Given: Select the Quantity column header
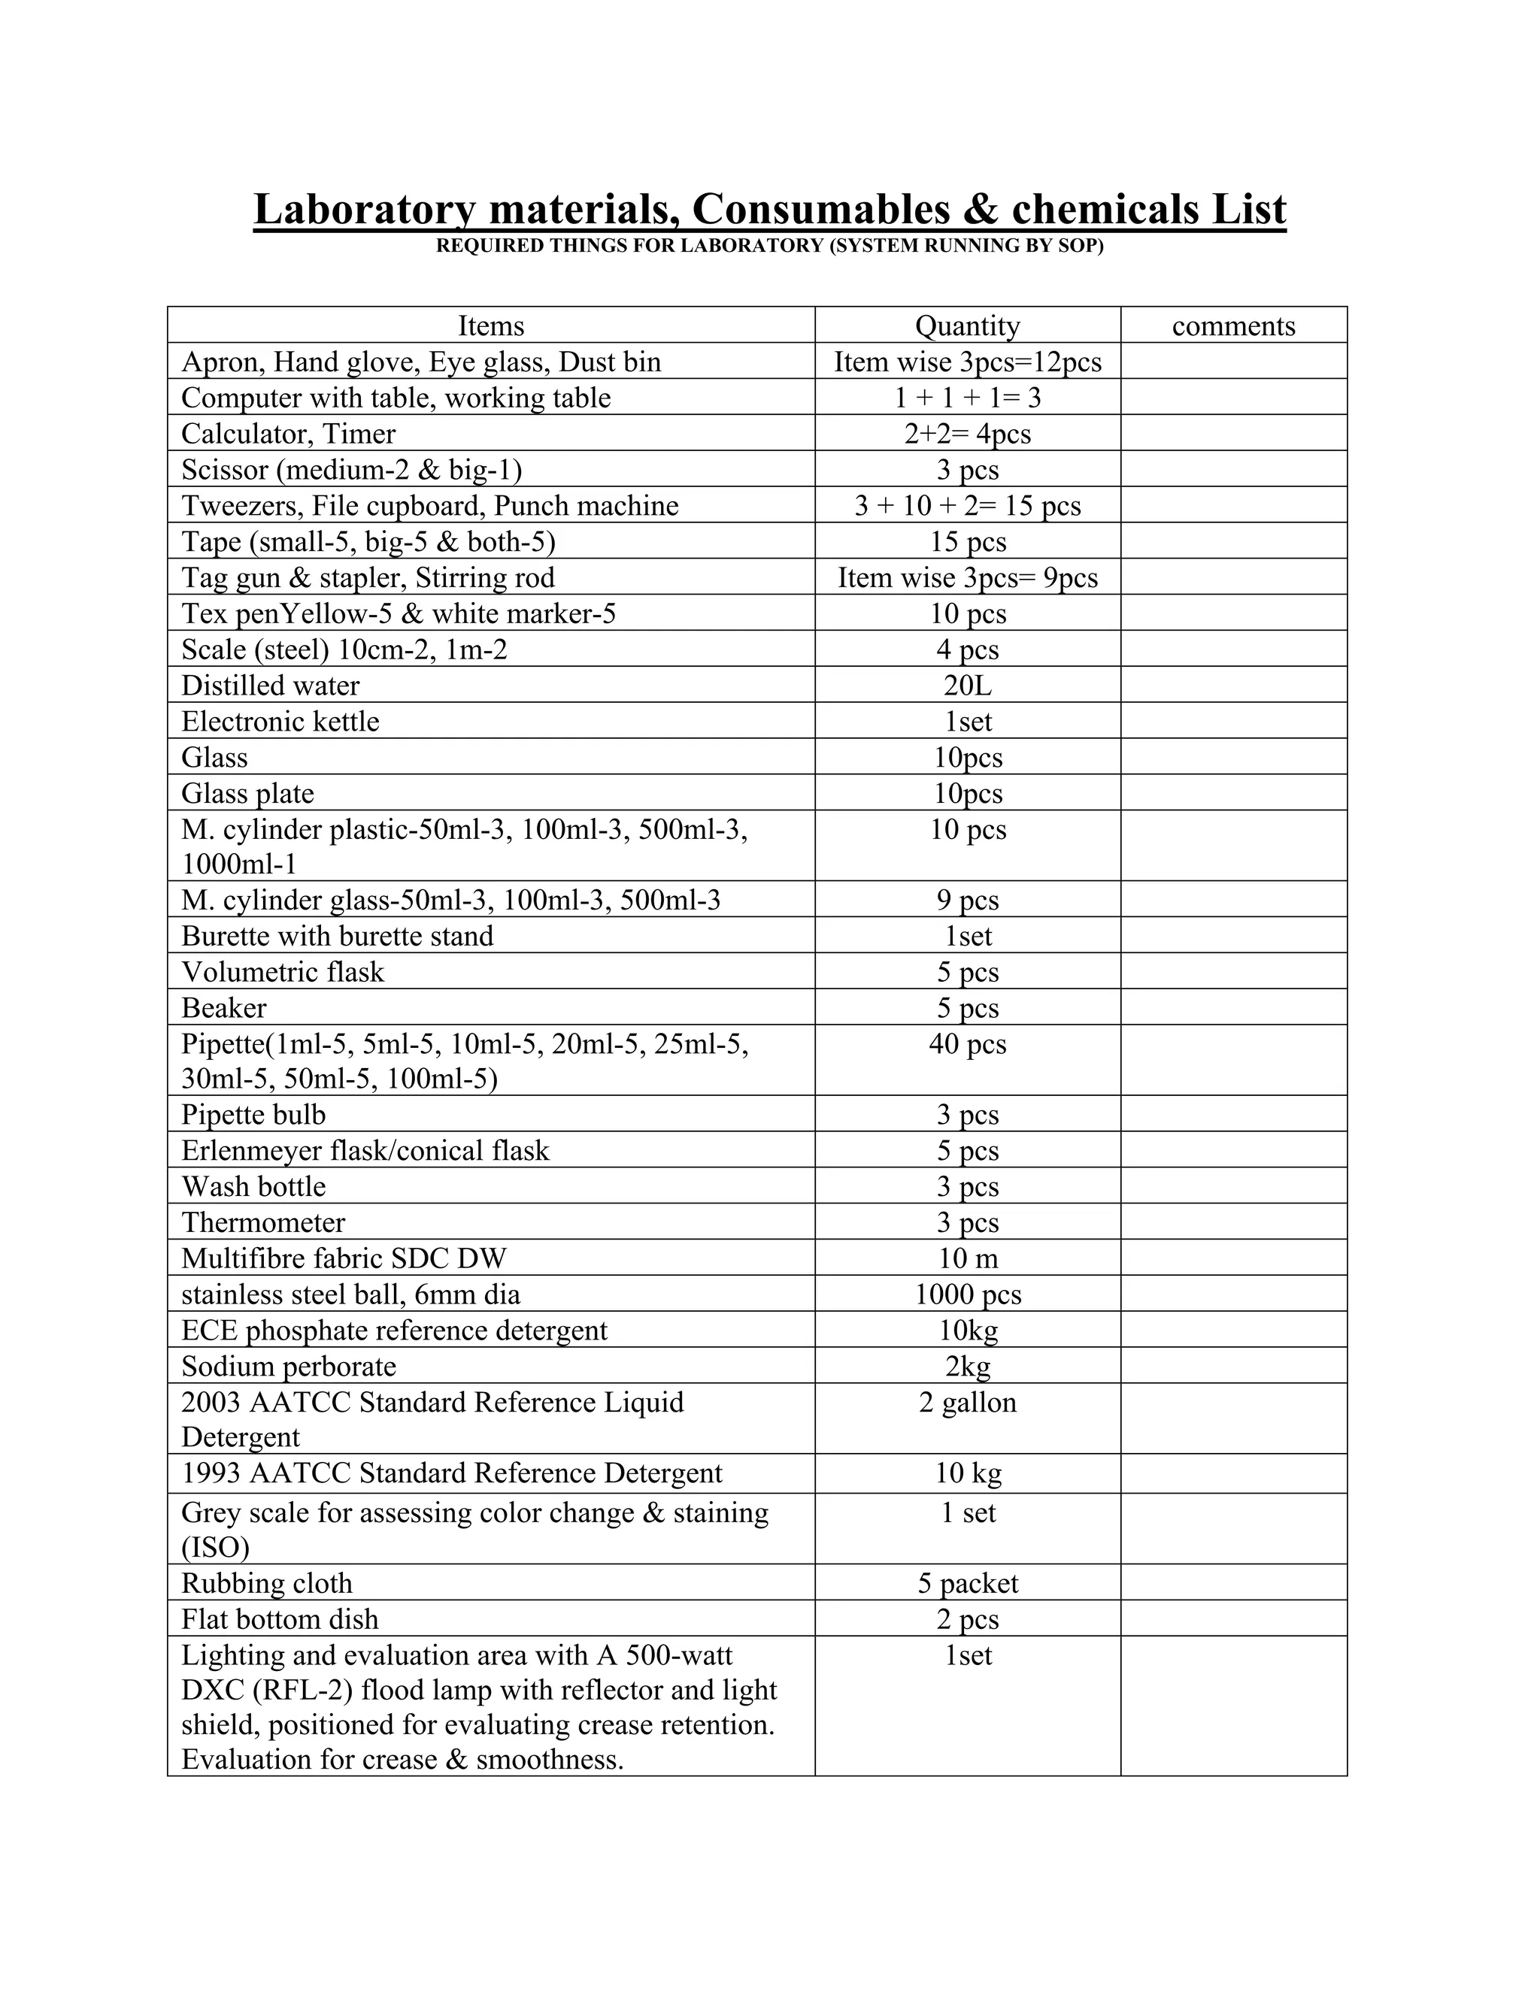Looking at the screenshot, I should pyautogui.click(x=967, y=325).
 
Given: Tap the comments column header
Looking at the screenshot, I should pyautogui.click(x=1232, y=325).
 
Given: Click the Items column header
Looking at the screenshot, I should pyautogui.click(x=491, y=325).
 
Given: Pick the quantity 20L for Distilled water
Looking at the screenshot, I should pyautogui.click(x=967, y=685).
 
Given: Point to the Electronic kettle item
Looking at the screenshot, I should pyautogui.click(x=280, y=722).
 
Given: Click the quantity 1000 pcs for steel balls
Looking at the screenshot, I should pyautogui.click(x=967, y=1294).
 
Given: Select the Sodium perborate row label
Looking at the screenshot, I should pyautogui.click(x=288, y=1367).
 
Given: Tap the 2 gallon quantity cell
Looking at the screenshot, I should pyautogui.click(x=967, y=1402).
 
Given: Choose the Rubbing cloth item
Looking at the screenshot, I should pyautogui.click(x=266, y=1583).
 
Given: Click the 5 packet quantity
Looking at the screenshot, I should pyautogui.click(x=967, y=1583).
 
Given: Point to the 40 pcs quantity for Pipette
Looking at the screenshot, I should pyautogui.click(x=967, y=1043).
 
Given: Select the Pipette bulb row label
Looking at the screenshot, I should pyautogui.click(x=253, y=1115).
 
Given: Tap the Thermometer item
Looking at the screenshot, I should pyautogui.click(x=262, y=1222).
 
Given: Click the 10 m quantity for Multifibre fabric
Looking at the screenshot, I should pyautogui.click(x=967, y=1258).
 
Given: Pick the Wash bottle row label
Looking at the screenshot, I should pyautogui.click(x=253, y=1187).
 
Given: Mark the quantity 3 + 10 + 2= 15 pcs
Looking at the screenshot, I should pyautogui.click(x=967, y=505).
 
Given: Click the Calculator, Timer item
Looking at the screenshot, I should pyautogui.click(x=288, y=433).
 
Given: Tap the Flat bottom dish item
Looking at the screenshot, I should pyautogui.click(x=279, y=1619).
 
